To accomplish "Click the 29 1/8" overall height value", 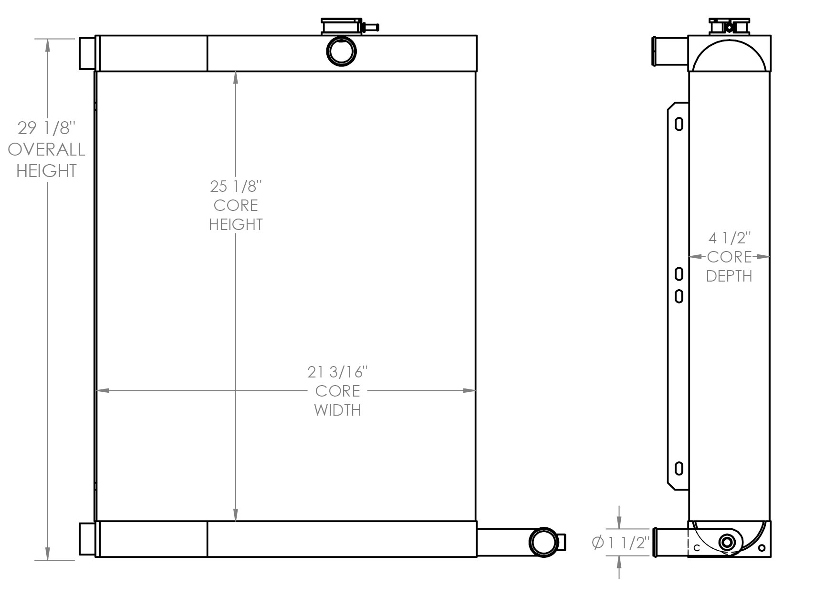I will (x=47, y=128).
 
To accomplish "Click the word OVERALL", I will (x=47, y=149).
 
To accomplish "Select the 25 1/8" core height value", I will (x=236, y=186).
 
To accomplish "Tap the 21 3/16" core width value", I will (x=337, y=371).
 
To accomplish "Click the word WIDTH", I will (x=337, y=410).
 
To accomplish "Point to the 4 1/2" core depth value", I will (x=729, y=237).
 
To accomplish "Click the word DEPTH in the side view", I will (x=729, y=276).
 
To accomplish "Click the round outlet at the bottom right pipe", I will (x=543, y=542).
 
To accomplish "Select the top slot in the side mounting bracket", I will (x=679, y=124).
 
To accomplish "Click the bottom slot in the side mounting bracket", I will (x=679, y=469).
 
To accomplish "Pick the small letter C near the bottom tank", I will (x=697, y=548).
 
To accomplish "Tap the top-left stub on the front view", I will (x=87, y=53).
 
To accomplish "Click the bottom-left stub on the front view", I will (x=87, y=539).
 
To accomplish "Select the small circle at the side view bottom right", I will (x=762, y=548).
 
